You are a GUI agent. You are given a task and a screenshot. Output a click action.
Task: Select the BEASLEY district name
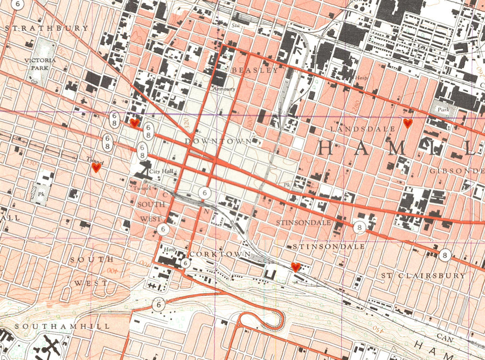[x=255, y=70]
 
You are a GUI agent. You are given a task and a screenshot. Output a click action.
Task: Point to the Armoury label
[x=224, y=89]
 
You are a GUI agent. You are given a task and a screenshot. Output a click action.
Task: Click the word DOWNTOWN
[x=218, y=141]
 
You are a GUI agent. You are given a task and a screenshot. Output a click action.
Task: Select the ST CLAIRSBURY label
[x=423, y=275]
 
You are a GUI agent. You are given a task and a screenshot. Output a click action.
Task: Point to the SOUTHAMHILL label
[x=63, y=327]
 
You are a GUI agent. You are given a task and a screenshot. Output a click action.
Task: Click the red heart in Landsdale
[x=408, y=123]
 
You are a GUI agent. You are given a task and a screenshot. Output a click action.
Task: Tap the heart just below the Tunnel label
[x=96, y=168]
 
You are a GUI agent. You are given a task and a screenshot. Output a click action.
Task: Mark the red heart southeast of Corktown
[x=295, y=267]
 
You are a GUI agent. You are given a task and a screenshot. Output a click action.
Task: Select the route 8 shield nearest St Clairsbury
[x=444, y=255]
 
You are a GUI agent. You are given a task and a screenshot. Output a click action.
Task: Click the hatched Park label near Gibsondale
[x=443, y=109]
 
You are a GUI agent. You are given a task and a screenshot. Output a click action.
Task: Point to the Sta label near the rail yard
[x=235, y=25]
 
